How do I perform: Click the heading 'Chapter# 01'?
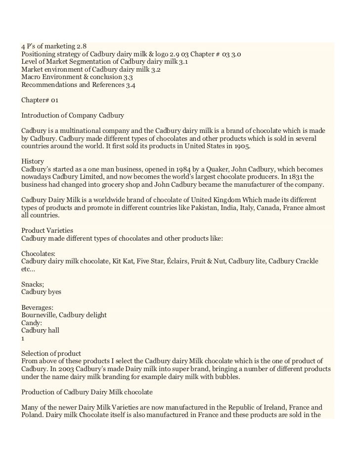40,100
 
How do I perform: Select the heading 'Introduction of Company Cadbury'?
72,116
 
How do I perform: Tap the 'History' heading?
33,162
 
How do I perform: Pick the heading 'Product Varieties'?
47,231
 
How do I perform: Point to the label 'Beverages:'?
38,307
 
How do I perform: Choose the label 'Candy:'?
32,323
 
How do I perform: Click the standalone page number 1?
23,339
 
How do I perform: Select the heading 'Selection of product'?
51,353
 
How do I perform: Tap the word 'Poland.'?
32,415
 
